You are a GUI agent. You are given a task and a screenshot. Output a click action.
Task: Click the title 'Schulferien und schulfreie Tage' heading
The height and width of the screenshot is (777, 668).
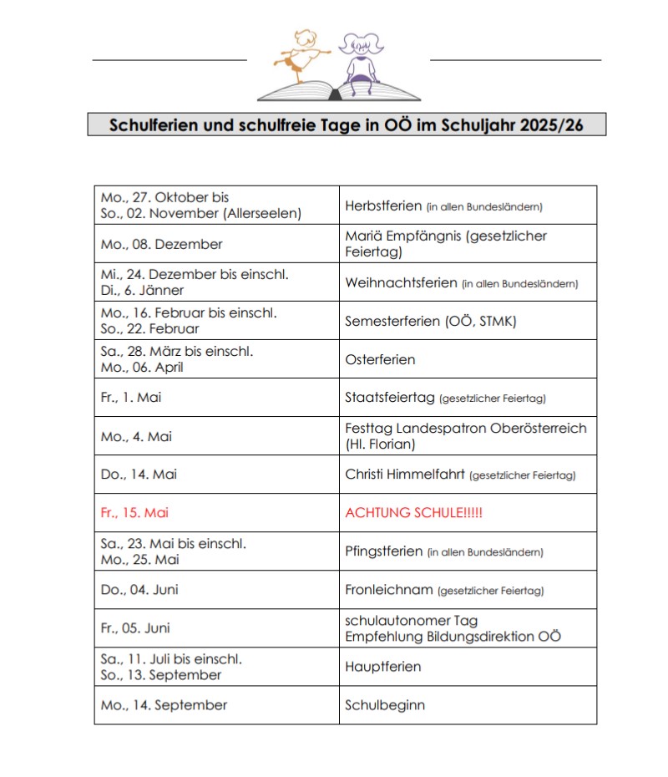point(346,124)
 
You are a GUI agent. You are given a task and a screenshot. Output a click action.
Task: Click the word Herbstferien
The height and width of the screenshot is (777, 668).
point(383,206)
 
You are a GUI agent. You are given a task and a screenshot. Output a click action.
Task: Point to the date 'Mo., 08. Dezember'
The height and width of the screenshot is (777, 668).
point(161,245)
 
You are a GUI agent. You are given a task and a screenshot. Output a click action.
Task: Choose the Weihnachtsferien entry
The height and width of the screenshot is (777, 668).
point(402,283)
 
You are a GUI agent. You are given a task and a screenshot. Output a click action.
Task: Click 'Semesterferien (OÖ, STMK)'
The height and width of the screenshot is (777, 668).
point(423,321)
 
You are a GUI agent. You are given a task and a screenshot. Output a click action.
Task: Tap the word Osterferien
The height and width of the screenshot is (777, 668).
point(380,359)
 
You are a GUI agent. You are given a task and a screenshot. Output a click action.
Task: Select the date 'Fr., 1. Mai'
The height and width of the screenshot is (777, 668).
point(131,398)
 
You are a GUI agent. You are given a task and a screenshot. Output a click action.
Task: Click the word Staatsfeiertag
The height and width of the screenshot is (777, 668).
point(390,398)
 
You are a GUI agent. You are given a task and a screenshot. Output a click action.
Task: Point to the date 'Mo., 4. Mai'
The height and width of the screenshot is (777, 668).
point(136,436)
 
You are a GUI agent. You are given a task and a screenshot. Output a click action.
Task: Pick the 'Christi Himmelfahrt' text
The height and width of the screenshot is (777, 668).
point(405,475)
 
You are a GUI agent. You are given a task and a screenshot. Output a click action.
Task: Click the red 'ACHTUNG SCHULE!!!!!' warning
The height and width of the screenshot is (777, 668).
point(413,513)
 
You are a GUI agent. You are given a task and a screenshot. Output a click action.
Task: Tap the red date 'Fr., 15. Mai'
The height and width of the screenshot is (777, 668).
point(134,513)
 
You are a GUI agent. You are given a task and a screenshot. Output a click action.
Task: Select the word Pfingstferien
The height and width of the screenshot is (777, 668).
point(384,551)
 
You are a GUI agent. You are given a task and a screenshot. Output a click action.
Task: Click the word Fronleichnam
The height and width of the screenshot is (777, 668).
point(389,590)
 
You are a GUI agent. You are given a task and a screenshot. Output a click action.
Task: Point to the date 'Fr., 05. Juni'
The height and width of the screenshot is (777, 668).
point(138,628)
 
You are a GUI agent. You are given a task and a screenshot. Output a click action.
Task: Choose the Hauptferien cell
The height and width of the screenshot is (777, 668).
point(382,667)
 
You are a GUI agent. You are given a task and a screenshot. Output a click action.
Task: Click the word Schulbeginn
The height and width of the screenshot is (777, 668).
point(385,705)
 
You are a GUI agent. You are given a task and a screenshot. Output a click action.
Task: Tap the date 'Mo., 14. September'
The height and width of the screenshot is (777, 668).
point(164,705)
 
